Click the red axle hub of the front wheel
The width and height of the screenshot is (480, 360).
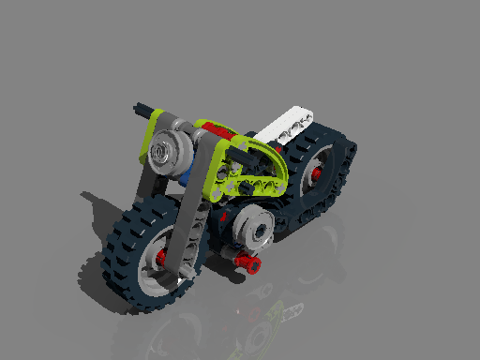[x=160, y=257]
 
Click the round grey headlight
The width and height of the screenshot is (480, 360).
[x=166, y=150]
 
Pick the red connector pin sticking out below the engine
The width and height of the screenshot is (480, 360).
[x=249, y=263]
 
